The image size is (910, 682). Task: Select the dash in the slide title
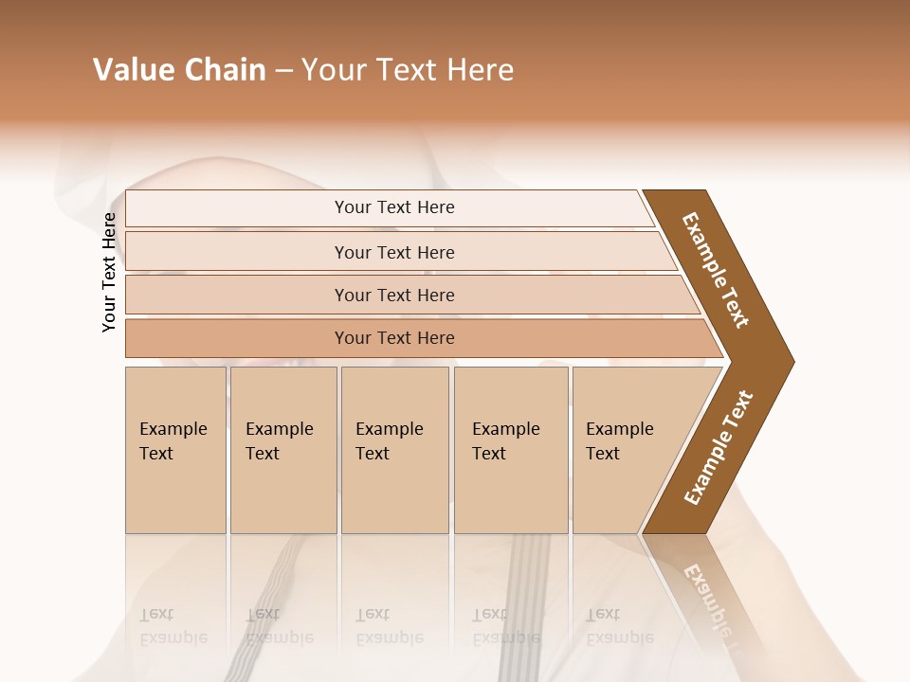(283, 71)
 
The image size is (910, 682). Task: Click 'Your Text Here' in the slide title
(408, 70)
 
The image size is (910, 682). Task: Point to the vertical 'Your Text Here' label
(109, 272)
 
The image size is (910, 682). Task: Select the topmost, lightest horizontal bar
(393, 207)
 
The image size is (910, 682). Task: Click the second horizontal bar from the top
(393, 252)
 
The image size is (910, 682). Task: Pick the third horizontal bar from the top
(393, 295)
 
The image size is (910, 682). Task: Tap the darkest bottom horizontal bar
(393, 338)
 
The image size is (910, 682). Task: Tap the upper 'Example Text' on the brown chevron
(716, 270)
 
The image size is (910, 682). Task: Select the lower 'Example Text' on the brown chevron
(719, 448)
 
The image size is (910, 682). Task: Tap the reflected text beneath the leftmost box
(173, 625)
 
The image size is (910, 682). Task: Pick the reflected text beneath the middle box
(389, 625)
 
